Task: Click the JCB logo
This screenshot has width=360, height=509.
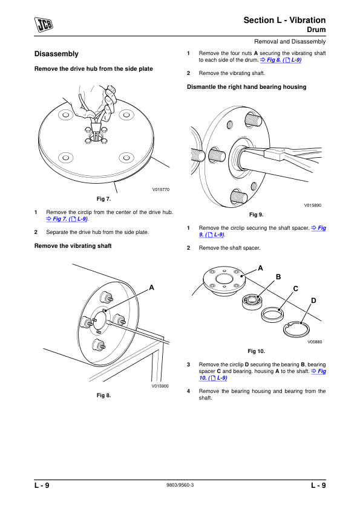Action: tap(44, 25)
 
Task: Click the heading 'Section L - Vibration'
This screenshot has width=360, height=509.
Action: tap(284, 20)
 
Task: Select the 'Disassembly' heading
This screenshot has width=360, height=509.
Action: tap(56, 54)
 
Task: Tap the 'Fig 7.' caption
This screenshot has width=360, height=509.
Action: tap(103, 199)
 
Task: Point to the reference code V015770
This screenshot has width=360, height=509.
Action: tap(161, 190)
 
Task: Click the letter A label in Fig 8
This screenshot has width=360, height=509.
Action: tap(151, 288)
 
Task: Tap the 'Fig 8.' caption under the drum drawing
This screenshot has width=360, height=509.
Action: tap(103, 395)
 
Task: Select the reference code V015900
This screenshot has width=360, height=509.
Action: tap(160, 386)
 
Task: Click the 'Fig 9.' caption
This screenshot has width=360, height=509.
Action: tap(257, 215)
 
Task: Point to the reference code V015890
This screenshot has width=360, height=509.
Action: tap(313, 205)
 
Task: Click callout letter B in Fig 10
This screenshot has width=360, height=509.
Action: tap(278, 277)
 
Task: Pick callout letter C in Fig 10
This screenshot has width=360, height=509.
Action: tap(295, 288)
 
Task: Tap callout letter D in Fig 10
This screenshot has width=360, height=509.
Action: tap(313, 300)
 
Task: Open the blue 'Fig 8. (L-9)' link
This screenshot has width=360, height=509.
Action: tap(281, 60)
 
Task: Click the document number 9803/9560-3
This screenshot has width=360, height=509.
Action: tap(180, 485)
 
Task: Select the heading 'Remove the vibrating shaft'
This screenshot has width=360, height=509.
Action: tap(73, 246)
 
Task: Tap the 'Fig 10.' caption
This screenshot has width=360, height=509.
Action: tap(257, 351)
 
